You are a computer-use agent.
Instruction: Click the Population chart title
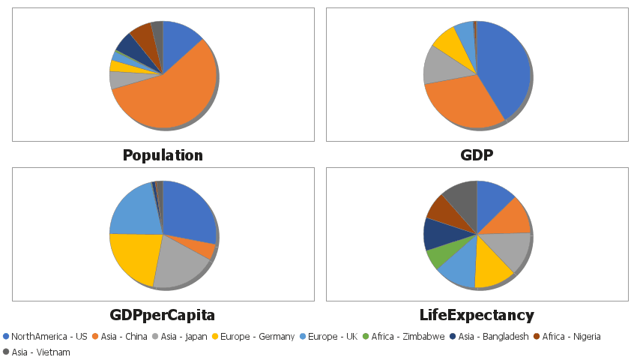163,155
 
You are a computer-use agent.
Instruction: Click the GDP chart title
477,155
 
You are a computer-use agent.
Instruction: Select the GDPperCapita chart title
163,315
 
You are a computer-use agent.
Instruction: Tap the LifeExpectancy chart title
477,315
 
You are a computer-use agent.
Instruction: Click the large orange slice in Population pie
172,94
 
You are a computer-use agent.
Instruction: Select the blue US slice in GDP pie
506,71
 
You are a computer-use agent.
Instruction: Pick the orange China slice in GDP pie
461,101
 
